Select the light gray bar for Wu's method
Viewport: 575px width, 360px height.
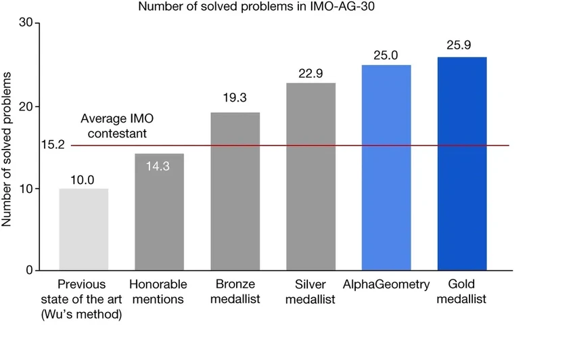(83, 229)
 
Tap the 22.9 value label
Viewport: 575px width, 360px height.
(310, 72)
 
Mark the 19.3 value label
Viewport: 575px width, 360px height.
(235, 98)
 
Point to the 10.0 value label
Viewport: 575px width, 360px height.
(83, 180)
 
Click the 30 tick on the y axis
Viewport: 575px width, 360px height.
(26, 23)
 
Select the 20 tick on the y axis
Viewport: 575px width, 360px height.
(26, 106)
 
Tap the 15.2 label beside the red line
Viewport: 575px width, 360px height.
(52, 145)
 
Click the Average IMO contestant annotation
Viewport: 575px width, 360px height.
(114, 125)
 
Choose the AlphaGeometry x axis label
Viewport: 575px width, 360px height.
(386, 284)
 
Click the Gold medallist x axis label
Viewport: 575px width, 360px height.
(462, 291)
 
